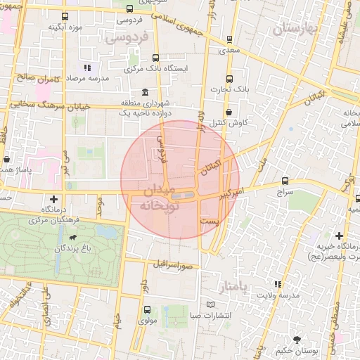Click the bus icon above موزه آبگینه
coord(65,16)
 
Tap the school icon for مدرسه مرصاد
coord(87,68)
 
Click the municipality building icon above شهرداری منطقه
coord(145,92)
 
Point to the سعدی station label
coord(229,50)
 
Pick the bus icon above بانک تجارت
coord(229,79)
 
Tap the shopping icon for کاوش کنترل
coord(229,111)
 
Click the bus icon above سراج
coord(285,181)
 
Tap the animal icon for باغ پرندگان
coord(72,247)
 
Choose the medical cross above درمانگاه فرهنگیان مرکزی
coord(54,199)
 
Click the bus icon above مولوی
coord(147,309)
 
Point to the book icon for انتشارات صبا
coord(212,304)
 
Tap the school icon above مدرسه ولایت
coord(278,284)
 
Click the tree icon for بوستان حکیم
coord(297,339)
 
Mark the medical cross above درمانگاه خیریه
coord(340,236)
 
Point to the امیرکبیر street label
coord(230,191)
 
